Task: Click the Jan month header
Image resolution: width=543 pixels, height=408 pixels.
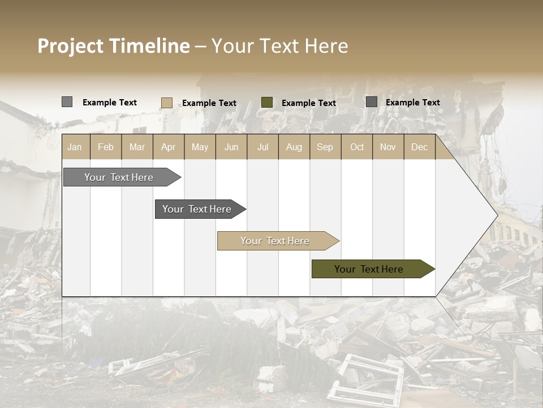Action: coord(75,147)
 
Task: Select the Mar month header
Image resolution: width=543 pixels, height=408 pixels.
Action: coord(137,147)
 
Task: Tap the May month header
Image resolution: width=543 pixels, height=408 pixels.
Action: coord(200,147)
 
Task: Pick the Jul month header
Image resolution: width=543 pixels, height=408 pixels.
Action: coord(262,147)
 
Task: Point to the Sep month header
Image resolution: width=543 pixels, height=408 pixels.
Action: coord(325,147)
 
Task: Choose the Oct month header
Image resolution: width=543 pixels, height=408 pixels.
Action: coord(357,147)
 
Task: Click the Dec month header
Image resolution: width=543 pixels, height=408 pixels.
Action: coord(419,147)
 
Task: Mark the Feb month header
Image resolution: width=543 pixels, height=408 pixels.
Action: coord(106,147)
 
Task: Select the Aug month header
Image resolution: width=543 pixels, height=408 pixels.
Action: coord(294,147)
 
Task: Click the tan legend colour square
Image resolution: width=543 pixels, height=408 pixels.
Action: coord(166,103)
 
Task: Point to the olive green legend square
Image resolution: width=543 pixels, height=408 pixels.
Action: coord(267,103)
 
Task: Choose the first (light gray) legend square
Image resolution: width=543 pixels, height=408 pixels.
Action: coord(67,102)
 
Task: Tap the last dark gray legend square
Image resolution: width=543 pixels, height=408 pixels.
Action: coord(371,102)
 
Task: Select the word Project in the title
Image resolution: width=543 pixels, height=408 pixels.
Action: coord(71,46)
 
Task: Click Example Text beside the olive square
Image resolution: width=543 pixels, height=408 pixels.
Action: coord(308,103)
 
